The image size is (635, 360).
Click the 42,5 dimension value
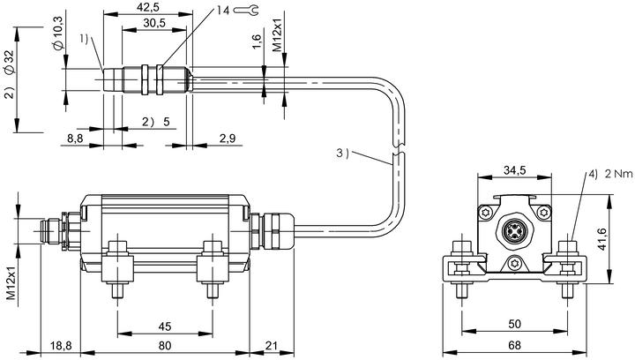click(148, 7)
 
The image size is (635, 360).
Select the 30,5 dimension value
click(154, 23)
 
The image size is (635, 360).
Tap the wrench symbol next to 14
click(245, 10)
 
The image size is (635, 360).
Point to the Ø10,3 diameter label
click(58, 34)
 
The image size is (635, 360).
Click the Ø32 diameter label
click(10, 63)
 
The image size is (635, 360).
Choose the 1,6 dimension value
click(257, 41)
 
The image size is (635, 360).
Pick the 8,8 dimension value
click(75, 139)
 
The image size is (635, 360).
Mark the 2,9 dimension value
click(228, 139)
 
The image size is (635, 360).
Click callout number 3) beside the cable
click(342, 153)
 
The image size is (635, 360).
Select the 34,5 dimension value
click(514, 170)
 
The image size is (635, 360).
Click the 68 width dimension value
click(514, 345)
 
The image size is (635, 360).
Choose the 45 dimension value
click(165, 326)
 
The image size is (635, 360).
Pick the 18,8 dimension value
click(61, 345)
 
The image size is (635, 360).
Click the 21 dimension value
click(272, 345)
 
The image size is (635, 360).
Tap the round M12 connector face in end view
click(514, 231)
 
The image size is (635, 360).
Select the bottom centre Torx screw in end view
click(514, 263)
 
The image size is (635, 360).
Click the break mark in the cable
click(399, 149)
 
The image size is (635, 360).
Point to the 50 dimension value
click(514, 324)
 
